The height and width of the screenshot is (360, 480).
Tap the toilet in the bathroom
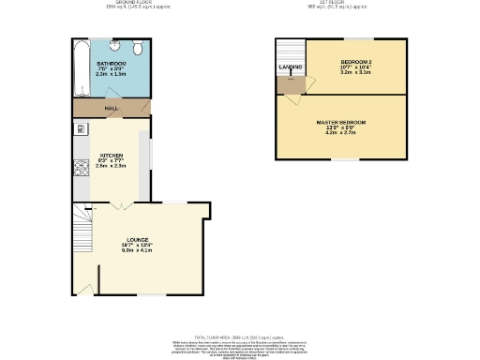pyautogui.click(x=137, y=48)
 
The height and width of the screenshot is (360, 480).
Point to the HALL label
pyautogui.click(x=110, y=110)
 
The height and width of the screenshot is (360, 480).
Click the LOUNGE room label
pyautogui.click(x=136, y=240)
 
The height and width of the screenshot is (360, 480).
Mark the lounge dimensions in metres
pyautogui.click(x=136, y=251)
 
